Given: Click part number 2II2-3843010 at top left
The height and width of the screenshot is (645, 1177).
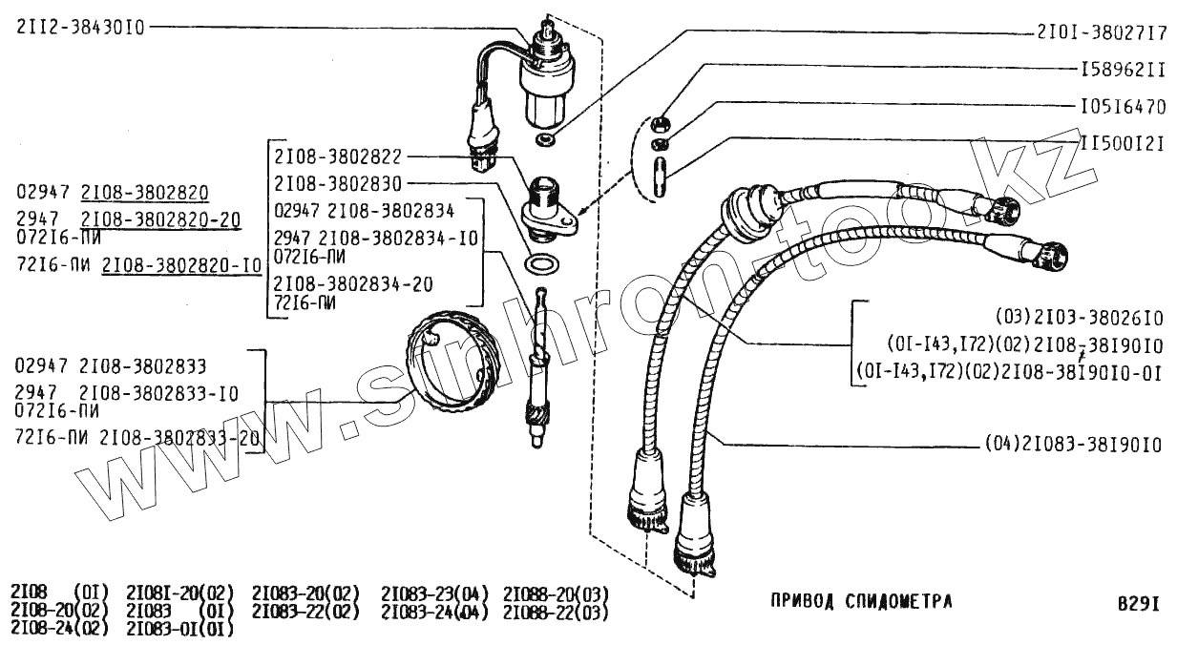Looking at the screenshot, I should coord(80,28).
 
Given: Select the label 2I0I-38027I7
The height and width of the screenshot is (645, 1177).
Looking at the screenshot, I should coord(1101,31).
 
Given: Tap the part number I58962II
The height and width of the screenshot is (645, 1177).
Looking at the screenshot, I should coord(1122,70).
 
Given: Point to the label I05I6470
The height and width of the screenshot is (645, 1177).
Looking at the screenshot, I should coord(1122,106).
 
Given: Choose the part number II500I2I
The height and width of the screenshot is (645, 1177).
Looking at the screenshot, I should coord(1122,142).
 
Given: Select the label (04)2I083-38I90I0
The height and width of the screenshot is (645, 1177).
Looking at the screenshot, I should coord(1072,445).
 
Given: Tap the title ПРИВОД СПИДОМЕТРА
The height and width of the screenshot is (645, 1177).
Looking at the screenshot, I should coord(860,601).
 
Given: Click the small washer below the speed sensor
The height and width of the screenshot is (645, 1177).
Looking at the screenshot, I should coord(545,141).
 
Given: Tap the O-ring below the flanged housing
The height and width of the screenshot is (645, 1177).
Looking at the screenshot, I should coord(541,262).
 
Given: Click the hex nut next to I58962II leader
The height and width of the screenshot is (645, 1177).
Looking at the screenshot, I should coord(659,122).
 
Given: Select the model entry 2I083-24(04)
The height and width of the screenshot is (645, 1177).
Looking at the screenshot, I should coord(434,612).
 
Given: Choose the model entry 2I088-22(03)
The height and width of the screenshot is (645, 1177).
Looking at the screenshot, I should coord(556,612).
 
